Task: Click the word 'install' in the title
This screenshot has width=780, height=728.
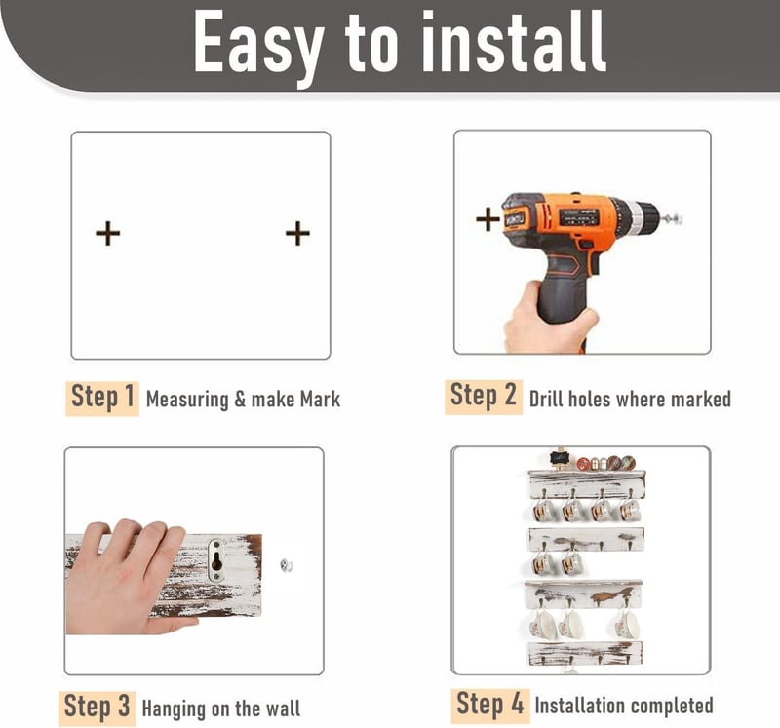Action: (514, 42)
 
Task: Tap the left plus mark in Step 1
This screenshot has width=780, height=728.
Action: (108, 233)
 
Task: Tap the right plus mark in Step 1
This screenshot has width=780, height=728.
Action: (297, 233)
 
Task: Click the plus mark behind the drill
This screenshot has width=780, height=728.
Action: (487, 219)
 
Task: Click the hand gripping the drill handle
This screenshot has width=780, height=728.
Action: (549, 319)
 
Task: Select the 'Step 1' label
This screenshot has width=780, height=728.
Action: (102, 398)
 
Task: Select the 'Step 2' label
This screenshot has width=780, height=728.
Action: (484, 397)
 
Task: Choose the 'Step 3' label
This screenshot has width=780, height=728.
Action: (97, 709)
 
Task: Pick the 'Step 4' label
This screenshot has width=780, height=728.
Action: (490, 706)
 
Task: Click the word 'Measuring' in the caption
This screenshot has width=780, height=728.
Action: (187, 400)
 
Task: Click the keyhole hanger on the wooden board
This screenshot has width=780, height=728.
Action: (216, 560)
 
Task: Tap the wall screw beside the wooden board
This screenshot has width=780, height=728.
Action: (286, 565)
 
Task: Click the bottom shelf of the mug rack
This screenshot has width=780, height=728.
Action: (584, 652)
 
